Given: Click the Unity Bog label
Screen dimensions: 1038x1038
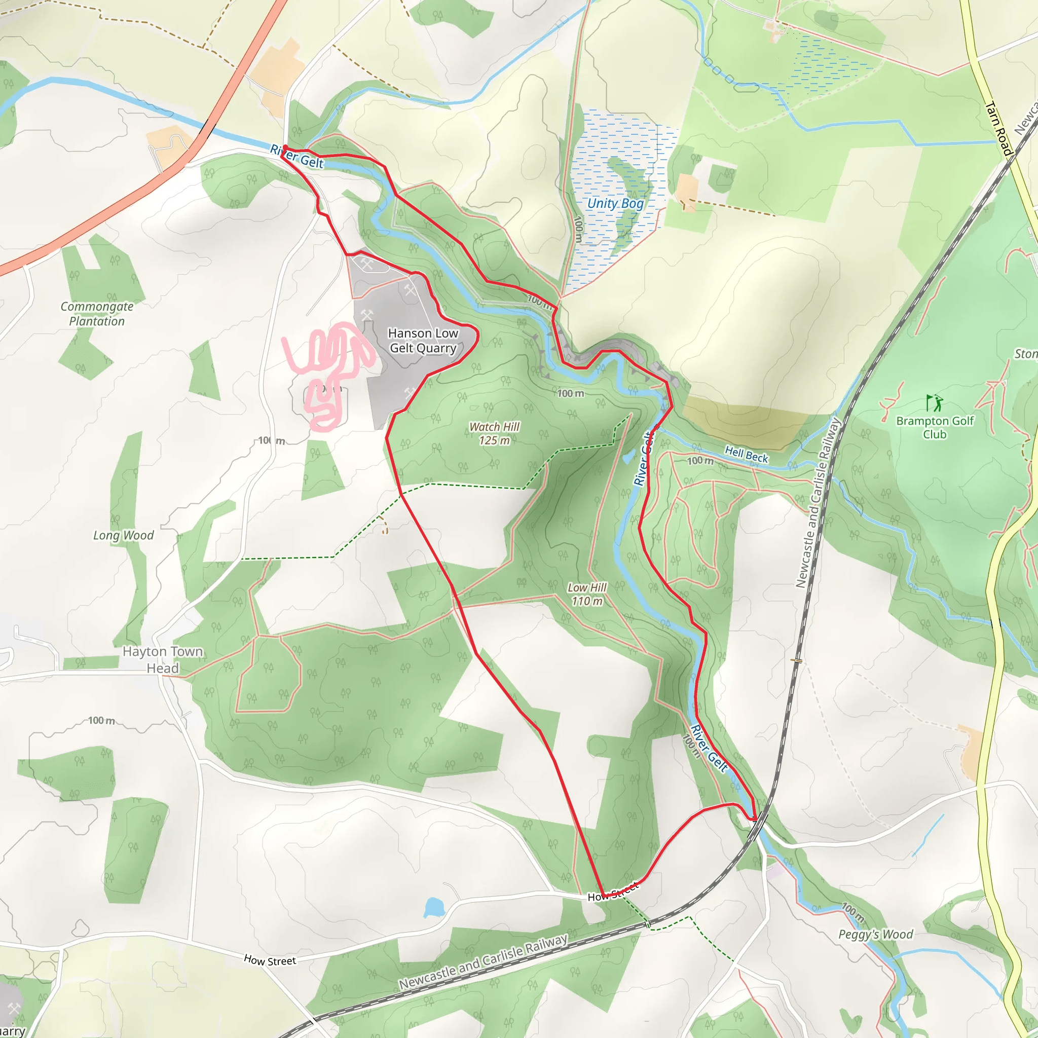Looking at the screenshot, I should [615, 203].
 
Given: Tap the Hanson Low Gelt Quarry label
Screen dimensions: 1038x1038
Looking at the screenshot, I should [423, 341].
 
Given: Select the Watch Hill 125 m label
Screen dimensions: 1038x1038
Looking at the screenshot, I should [494, 433].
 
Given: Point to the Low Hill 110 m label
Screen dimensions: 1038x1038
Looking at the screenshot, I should [587, 594].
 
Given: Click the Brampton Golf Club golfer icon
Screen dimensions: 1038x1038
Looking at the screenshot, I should [934, 402].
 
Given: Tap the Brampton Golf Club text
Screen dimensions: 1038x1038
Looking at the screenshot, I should [934, 428].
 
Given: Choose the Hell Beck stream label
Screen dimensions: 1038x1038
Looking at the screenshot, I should [746, 455].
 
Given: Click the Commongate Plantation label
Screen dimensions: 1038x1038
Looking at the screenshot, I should [97, 314].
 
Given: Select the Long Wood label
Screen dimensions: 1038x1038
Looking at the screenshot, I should [123, 535].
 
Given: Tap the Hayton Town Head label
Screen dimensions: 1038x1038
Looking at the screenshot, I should [162, 660].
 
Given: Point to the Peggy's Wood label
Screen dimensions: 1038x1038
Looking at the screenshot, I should [876, 934].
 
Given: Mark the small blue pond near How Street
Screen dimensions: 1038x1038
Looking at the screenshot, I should [433, 907].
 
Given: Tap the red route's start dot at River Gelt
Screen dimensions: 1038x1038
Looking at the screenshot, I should [285, 148].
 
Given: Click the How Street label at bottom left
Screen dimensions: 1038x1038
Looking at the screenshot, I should [270, 960].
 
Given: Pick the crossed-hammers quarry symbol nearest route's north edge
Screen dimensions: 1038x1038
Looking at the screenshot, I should [367, 263].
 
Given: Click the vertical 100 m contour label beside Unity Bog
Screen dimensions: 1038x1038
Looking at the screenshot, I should [578, 229].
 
